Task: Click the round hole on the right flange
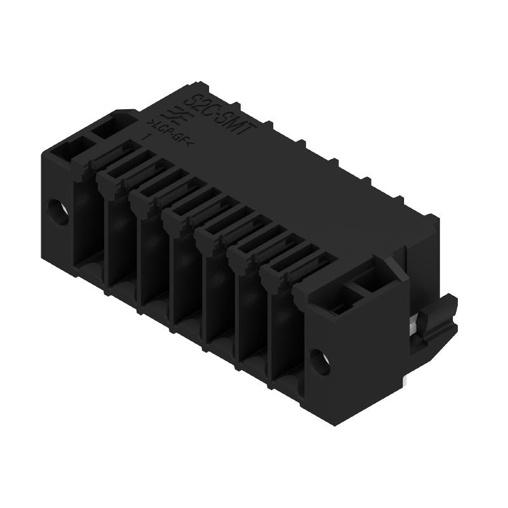pos(321,362)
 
